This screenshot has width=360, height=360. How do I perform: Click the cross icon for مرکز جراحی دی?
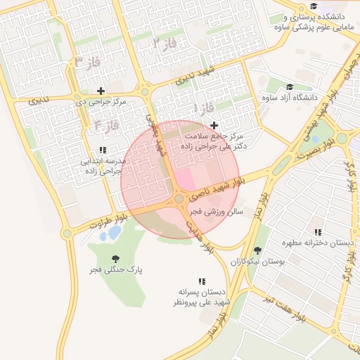[x=101, y=91]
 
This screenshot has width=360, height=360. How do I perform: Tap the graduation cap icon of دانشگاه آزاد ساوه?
[x=289, y=87]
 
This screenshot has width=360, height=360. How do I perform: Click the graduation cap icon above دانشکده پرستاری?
[x=313, y=6]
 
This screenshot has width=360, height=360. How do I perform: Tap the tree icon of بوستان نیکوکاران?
[x=257, y=250]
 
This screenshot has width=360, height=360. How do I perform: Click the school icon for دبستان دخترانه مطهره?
[x=318, y=232]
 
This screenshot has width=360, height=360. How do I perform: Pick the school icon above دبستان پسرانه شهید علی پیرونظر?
[x=202, y=281]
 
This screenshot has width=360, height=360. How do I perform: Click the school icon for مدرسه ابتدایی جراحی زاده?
[x=103, y=150]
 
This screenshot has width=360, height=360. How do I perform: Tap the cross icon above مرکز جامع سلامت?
[x=214, y=124]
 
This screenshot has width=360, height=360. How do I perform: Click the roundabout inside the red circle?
[x=179, y=200]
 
